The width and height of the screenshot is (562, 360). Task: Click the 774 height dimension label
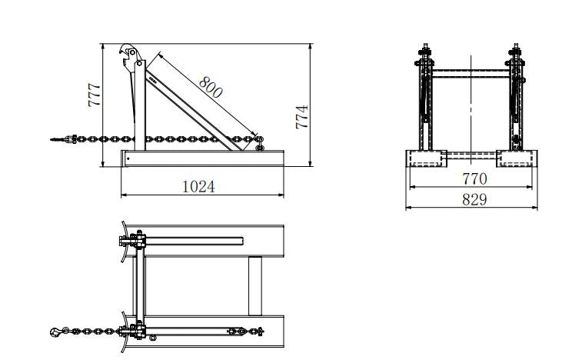pos(302,116)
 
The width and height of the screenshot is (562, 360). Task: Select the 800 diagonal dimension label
pos(210,86)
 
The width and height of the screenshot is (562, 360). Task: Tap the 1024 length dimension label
pos(198,185)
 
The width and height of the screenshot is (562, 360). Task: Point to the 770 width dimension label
pos(474,178)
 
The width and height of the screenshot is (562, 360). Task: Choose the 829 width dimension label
pos(474,198)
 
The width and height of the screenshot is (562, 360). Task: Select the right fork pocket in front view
pos(517,158)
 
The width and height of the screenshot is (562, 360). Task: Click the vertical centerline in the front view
pos(471,108)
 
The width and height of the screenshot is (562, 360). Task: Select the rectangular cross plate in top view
pos(254,285)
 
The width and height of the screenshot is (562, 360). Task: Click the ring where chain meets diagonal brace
pos(259,140)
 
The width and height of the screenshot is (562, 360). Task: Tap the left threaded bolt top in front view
pos(424,49)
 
